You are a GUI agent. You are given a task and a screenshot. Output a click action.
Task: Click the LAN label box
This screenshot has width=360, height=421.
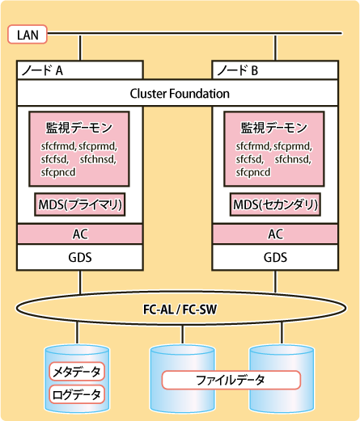pos(28,34)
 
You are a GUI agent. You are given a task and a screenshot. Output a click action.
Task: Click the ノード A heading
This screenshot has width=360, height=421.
pos(42,70)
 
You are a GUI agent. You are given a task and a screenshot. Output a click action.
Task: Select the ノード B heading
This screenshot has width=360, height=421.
pos(238,70)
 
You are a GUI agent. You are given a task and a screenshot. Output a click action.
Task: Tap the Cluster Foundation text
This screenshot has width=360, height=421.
pos(180,94)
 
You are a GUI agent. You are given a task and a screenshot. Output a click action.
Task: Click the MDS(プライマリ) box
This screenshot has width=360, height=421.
pos(80,204)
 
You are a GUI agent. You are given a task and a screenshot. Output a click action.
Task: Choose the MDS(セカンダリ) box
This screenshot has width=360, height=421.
pos(275,204)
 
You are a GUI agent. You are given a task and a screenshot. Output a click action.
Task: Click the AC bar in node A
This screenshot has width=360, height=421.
pos(80,234)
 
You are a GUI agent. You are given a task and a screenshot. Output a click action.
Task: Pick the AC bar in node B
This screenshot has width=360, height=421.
pos(275,234)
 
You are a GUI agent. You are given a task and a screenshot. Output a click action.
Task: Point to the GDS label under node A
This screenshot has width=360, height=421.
pos(80,258)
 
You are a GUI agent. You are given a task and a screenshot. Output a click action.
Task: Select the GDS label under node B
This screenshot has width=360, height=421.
pos(275,258)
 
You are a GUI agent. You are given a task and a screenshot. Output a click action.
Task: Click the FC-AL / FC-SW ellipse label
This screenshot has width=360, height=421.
pos(180,309)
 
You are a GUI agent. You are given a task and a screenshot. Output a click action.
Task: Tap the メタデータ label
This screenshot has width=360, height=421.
pos(77,372)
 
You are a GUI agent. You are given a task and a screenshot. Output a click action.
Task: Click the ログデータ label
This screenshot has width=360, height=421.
pos(77,394)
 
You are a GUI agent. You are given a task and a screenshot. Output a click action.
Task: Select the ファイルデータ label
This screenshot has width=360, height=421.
pos(231,380)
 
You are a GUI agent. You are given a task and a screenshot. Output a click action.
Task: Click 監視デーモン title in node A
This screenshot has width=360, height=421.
pos(79,128)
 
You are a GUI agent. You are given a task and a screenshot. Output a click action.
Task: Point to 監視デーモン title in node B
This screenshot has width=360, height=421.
pos(274,128)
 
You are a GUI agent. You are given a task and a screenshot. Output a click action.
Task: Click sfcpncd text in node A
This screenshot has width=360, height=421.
pos(58,172)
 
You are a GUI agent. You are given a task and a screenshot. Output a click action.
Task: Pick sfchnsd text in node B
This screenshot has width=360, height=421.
pos(293,159)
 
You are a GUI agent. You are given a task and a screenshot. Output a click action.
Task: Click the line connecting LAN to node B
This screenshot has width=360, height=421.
pos(275,47)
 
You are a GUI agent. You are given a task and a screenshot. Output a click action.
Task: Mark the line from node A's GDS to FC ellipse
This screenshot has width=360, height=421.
pos(80,282)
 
